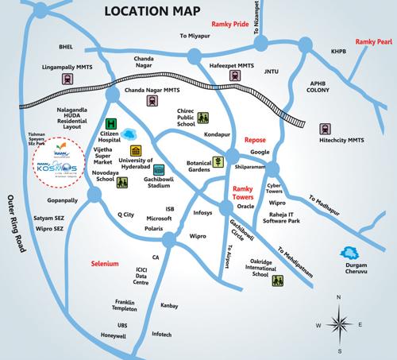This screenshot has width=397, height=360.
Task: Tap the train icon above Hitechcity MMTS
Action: pyautogui.click(x=326, y=128)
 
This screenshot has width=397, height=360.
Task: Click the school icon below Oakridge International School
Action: pyautogui.click(x=278, y=282)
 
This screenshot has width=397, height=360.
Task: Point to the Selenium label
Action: pyautogui.click(x=103, y=262)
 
